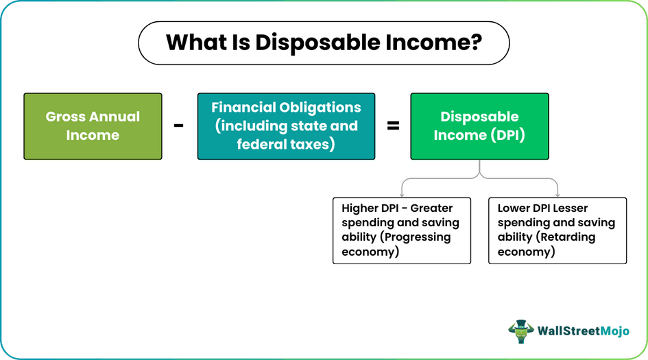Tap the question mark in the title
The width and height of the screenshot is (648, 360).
476,43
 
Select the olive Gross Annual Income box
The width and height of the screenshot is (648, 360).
93,126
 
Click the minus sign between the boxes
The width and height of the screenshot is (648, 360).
178,126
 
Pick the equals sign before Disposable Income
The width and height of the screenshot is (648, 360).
393,126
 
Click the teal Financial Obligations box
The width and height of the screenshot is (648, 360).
286,126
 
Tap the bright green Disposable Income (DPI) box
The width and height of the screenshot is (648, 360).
479,126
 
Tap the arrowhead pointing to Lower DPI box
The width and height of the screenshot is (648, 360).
558,194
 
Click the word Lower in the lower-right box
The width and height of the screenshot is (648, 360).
514,208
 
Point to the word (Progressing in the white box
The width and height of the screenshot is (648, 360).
416,237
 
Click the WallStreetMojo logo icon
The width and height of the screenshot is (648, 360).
521,331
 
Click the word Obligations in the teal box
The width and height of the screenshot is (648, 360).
320,108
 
